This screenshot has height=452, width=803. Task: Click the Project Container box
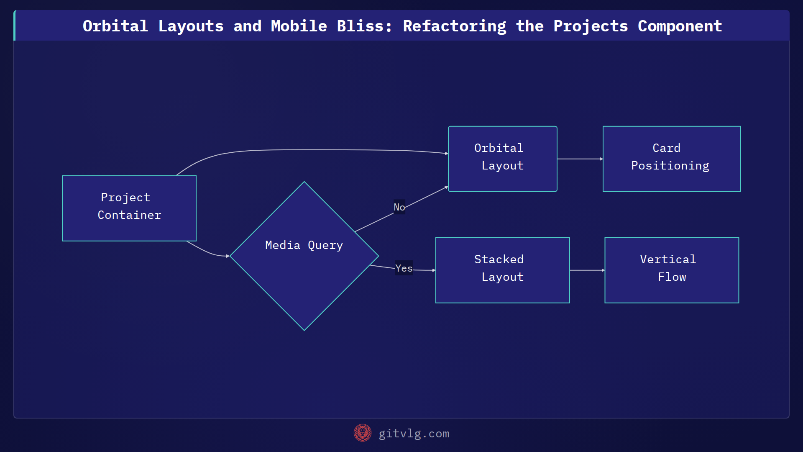[129, 208]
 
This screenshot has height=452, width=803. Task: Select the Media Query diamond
[304, 256]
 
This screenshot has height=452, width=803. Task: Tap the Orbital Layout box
[502, 159]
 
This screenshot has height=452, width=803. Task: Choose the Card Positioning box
[671, 159]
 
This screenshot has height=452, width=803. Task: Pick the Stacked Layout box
[502, 270]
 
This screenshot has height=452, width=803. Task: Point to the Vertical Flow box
[671, 270]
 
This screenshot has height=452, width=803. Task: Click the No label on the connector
[399, 207]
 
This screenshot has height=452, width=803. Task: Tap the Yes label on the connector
[404, 268]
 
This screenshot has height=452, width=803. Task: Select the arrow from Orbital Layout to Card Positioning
[580, 159]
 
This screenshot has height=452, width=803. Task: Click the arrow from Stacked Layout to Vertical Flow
[587, 270]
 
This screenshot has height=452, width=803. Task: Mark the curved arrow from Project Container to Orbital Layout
[314, 150]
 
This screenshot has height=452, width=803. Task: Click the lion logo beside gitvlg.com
[362, 433]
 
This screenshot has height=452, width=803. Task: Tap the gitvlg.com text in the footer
[414, 434]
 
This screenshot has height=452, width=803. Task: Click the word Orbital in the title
[115, 26]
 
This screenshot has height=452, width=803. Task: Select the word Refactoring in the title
[454, 26]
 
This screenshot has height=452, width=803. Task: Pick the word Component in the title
[680, 26]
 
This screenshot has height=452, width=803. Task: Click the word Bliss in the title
[364, 26]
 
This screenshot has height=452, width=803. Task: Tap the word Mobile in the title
[299, 26]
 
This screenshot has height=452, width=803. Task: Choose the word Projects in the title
[591, 26]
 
